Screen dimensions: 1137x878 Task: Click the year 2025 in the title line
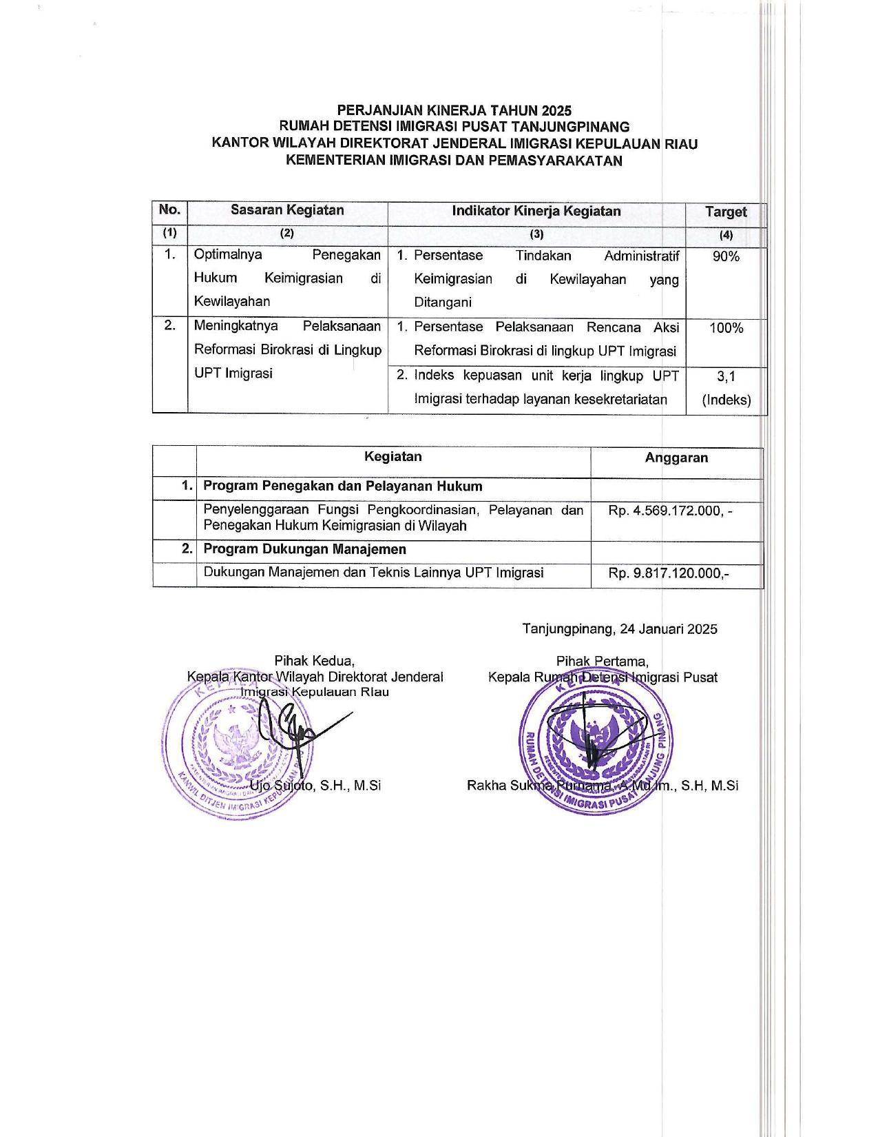[556, 110]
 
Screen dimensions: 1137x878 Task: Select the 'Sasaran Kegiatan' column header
[287, 210]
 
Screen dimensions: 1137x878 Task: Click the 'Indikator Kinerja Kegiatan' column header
[536, 211]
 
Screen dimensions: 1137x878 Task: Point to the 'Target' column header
[726, 212]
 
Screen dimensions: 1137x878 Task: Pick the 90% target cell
[726, 256]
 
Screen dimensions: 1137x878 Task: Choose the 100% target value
[726, 328]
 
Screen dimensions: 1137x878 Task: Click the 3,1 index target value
[726, 376]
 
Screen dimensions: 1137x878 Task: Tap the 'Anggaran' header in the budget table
[676, 458]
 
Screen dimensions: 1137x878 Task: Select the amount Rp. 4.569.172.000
[671, 511]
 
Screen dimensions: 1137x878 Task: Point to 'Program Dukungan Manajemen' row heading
[304, 549]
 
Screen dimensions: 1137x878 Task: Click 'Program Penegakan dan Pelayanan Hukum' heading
[342, 486]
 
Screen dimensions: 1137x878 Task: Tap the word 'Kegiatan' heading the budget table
[393, 457]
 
